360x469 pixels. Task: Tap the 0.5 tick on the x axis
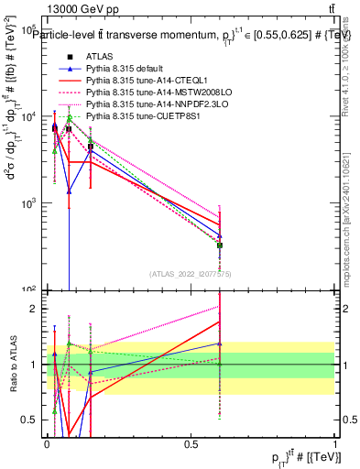point(191,444)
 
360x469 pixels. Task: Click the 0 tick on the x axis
point(47,444)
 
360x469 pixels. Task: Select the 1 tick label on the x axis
point(335,444)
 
